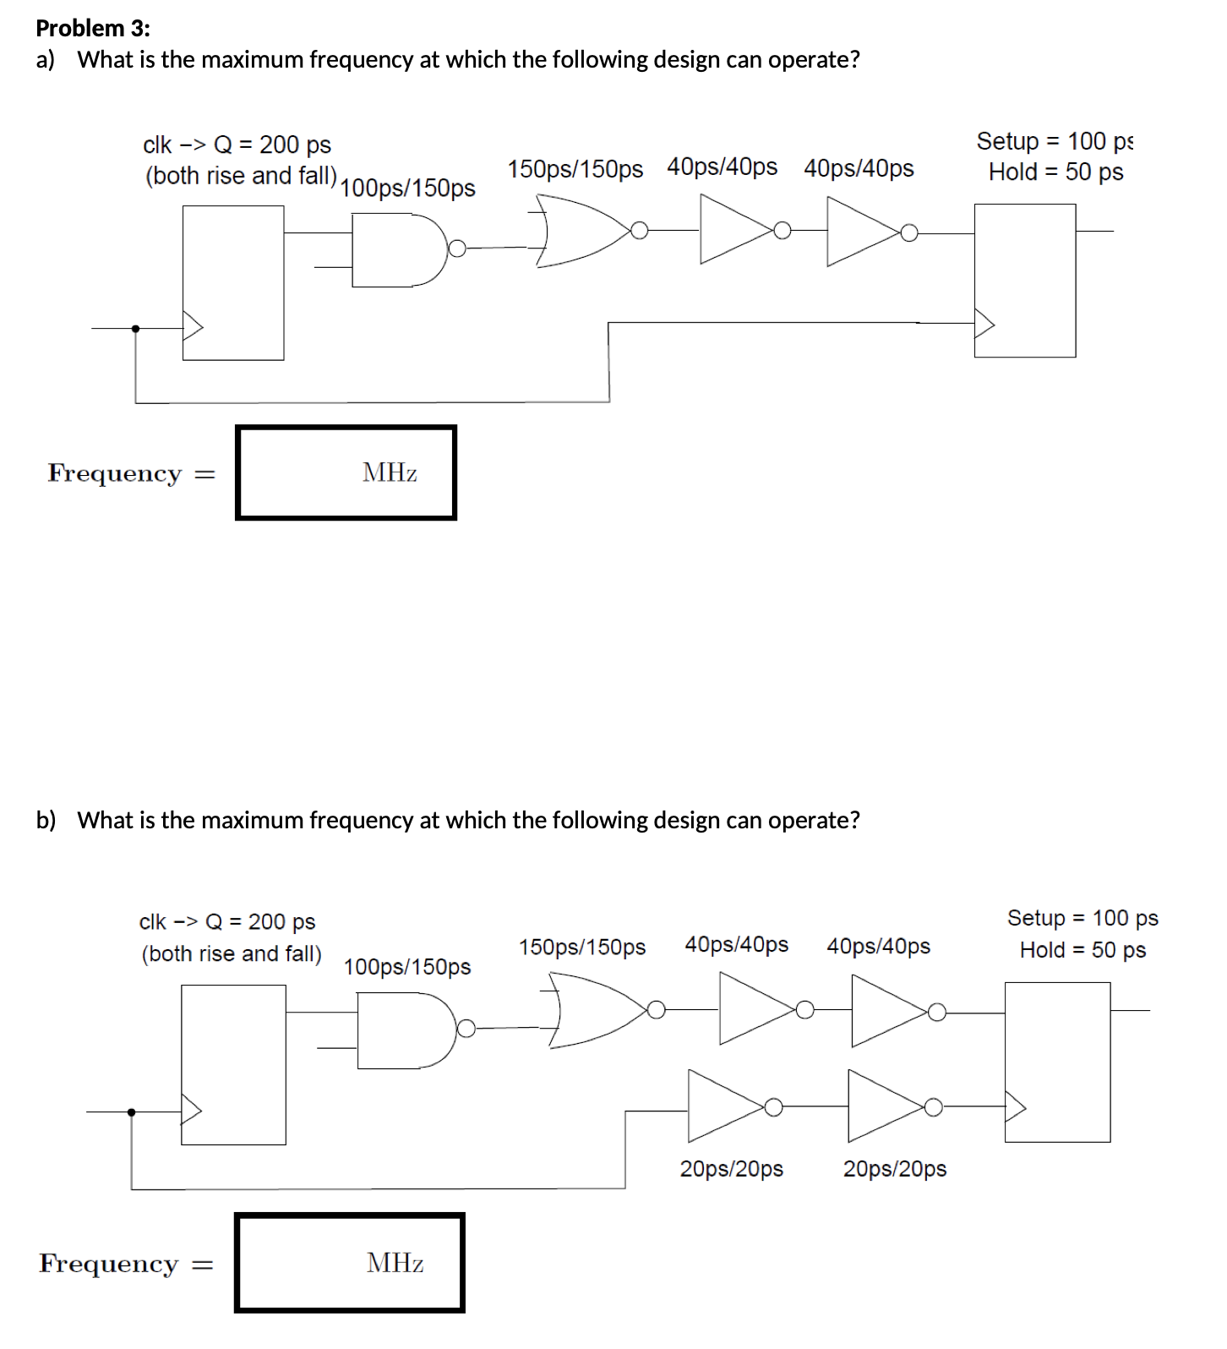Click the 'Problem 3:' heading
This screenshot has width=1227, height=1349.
(93, 28)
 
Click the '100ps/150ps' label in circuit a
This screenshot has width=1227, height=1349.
(407, 188)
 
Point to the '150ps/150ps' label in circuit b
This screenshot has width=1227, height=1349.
(582, 947)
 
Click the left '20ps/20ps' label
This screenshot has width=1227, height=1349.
(732, 1169)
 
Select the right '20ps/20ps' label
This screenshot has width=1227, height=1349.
(895, 1169)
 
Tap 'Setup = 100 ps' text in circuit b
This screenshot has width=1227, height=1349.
(1082, 918)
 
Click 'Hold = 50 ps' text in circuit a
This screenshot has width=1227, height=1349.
(1055, 172)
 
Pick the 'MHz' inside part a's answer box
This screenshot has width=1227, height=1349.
(390, 472)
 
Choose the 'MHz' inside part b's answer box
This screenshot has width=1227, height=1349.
(395, 1263)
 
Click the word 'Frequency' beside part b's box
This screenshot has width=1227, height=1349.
(109, 1264)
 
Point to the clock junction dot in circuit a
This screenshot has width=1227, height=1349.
(135, 328)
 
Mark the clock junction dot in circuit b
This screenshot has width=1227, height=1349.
(131, 1112)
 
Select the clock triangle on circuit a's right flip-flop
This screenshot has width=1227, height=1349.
(984, 324)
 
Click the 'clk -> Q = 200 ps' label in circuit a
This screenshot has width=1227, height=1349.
(237, 145)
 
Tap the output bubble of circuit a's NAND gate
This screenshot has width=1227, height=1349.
(457, 248)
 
